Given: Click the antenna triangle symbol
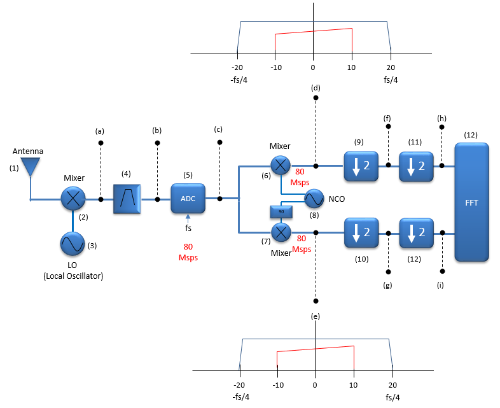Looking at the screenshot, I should [29, 167].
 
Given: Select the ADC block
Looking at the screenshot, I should [188, 198].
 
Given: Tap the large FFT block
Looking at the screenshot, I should [471, 202].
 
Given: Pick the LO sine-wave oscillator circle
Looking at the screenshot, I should [73, 243].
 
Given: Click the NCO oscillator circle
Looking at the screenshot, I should [314, 199].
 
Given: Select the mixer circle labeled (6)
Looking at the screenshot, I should [281, 165].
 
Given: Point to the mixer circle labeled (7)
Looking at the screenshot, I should [281, 232].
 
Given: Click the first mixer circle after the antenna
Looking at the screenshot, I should [73, 199].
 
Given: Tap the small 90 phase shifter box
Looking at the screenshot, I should [281, 211].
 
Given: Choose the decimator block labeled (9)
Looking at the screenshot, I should [360, 165].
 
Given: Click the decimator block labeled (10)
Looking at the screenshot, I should [360, 232].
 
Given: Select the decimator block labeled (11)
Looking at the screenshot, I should [415, 165].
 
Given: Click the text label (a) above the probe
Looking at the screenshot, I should [100, 130].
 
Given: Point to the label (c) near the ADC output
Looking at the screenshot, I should [218, 129].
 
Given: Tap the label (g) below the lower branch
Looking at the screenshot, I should [387, 286].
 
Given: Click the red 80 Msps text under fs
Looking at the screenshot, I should [188, 252].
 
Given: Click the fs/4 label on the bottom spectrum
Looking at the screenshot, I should [393, 397].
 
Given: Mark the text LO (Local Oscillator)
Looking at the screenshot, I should [73, 271].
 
